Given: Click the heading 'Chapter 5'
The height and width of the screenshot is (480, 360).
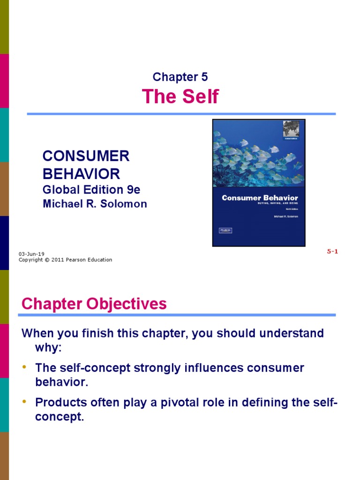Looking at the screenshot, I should (x=180, y=77).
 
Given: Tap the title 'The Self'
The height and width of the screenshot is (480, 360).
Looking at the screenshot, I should (x=180, y=97).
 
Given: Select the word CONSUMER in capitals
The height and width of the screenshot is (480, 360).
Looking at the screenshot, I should (x=86, y=157).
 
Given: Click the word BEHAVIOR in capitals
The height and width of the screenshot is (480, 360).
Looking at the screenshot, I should (x=81, y=174).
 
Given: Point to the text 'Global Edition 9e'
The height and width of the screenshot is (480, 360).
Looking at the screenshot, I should (x=91, y=190).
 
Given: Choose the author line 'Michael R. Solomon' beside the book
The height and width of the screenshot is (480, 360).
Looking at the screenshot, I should (x=95, y=204).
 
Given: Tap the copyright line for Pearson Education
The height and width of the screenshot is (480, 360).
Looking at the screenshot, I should (x=65, y=260).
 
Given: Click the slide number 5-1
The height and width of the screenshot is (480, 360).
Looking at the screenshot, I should (x=332, y=251).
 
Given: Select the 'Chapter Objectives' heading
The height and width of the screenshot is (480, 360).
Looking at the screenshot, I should (x=94, y=304).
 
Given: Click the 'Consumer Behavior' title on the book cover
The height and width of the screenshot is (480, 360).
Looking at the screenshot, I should (x=260, y=198).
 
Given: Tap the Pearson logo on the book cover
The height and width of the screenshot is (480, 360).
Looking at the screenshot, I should (x=225, y=230).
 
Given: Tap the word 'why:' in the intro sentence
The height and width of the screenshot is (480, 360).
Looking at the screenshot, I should (x=48, y=347).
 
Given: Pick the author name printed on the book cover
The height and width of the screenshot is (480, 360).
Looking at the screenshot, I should (x=285, y=217).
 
